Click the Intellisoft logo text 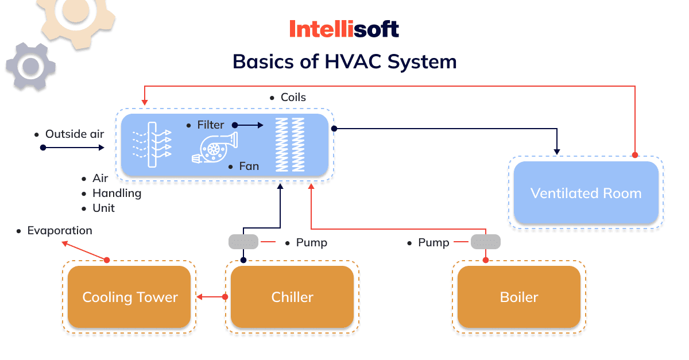pyautogui.click(x=344, y=29)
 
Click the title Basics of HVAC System pyautogui.click(x=344, y=61)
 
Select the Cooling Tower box pyautogui.click(x=129, y=297)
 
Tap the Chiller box pyautogui.click(x=292, y=297)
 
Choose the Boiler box pyautogui.click(x=519, y=297)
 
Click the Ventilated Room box pyautogui.click(x=586, y=193)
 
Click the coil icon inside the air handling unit pyautogui.click(x=289, y=144)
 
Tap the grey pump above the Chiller pyautogui.click(x=243, y=242)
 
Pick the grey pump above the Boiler pyautogui.click(x=485, y=242)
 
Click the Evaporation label pyautogui.click(x=59, y=231)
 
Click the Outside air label pyautogui.click(x=75, y=134)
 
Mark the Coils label pyautogui.click(x=293, y=98)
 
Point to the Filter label pyautogui.click(x=211, y=125)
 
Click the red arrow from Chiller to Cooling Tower pyautogui.click(x=210, y=297)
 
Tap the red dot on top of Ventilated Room pyautogui.click(x=634, y=155)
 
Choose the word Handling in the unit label pyautogui.click(x=117, y=193)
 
